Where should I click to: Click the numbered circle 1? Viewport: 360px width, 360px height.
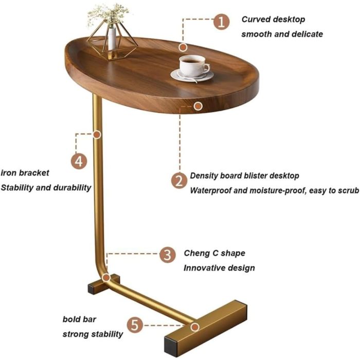point(221,22)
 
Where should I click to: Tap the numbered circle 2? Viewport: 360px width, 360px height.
point(179,181)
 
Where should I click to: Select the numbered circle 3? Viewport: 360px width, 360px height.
point(168,255)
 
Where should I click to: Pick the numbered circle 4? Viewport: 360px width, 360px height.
point(79,161)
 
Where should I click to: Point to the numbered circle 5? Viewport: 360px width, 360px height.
point(135,325)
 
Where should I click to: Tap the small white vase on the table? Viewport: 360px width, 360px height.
point(112,39)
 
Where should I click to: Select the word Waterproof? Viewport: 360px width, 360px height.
point(210,191)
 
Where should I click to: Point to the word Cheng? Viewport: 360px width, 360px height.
point(197,253)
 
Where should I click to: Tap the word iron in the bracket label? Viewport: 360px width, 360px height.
point(8,173)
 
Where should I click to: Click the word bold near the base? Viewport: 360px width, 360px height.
point(71,319)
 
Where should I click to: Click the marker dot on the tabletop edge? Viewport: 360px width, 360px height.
point(198,106)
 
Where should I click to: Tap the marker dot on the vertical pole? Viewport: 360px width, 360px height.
point(97,134)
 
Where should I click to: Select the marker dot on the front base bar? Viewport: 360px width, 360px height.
point(195,327)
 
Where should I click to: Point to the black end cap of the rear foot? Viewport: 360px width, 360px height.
point(92,289)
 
